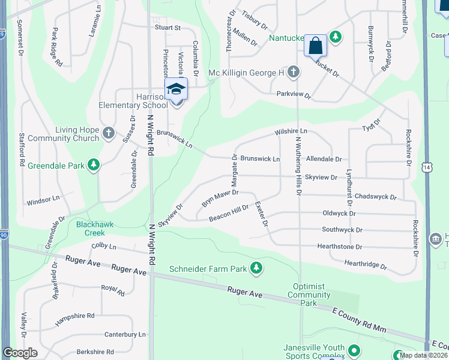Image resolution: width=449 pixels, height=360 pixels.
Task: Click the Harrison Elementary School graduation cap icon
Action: coord(176,89)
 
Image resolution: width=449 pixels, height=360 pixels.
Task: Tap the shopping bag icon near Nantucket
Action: coord(315,46)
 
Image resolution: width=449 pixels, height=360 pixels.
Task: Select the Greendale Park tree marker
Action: coord(93,164)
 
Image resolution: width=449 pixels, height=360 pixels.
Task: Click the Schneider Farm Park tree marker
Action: coord(257,268)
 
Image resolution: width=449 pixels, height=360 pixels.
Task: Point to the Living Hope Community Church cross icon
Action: coord(108,133)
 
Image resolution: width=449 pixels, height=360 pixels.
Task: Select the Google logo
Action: coord(20,353)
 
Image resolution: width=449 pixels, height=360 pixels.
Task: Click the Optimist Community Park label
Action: coord(309,295)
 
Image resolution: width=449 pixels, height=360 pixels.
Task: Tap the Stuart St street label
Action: coord(167,28)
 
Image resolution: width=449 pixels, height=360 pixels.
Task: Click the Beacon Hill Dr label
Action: coord(229,214)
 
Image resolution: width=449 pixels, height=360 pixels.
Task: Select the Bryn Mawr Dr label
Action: coord(220,199)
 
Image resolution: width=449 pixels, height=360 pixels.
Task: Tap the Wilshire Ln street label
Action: coord(291,131)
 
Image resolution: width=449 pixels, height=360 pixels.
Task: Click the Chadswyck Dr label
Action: coord(376,197)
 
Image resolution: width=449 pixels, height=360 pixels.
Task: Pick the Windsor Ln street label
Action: coord(44,198)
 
